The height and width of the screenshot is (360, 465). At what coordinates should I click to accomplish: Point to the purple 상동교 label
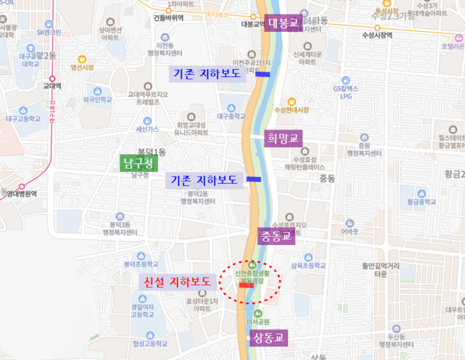click(269, 337)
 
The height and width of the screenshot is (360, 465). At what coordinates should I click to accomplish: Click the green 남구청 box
click(139, 163)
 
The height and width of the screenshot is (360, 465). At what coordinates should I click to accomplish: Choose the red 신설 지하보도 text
click(178, 282)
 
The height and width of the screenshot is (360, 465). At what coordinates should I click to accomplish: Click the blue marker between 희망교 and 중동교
click(254, 179)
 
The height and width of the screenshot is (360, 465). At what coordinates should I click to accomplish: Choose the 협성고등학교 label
click(148, 343)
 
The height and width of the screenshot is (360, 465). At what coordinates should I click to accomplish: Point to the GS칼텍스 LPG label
click(345, 92)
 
